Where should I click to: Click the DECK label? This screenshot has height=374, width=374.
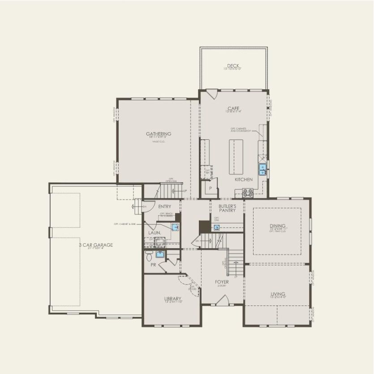click(233, 66)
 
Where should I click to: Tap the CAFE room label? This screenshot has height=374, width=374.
click(233, 108)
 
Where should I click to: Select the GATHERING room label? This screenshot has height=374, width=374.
click(158, 133)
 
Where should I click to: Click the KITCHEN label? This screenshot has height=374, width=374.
click(244, 179)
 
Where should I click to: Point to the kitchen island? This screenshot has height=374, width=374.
click(236, 156)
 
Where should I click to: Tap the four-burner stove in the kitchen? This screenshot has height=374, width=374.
click(248, 193)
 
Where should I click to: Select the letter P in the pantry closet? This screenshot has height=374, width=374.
click(209, 189)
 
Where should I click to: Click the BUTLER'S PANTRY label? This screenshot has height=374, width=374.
click(227, 208)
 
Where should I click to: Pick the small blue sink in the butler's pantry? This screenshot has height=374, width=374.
click(217, 227)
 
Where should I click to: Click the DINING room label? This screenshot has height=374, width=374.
click(278, 226)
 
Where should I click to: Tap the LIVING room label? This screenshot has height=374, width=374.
click(278, 294)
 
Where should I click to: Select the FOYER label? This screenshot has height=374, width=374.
click(222, 282)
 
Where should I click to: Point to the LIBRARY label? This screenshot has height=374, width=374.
click(172, 298)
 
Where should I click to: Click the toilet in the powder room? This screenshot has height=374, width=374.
click(149, 255)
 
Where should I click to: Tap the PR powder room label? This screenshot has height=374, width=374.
click(153, 265)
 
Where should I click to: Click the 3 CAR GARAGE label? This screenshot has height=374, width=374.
click(96, 245)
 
